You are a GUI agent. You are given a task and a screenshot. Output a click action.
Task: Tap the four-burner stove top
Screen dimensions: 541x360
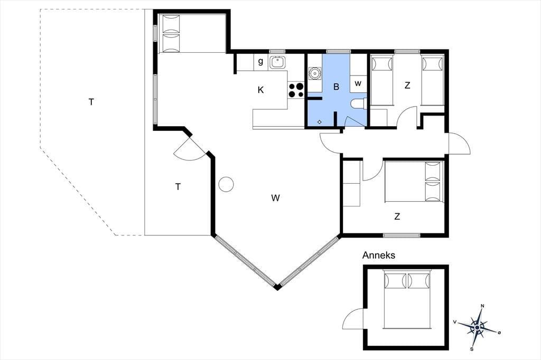[296, 90]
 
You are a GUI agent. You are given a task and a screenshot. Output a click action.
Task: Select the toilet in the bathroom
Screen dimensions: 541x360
[358, 103]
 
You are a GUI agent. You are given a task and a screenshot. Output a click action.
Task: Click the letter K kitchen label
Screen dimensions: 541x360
[261, 90]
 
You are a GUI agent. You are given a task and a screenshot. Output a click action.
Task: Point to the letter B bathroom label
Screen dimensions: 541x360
[336, 87]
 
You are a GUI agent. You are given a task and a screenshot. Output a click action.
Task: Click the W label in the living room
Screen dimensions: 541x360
[275, 198]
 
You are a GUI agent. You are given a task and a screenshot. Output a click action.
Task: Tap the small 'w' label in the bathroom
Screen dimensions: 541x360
[358, 83]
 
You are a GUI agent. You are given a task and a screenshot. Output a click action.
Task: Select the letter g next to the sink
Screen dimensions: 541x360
[260, 62]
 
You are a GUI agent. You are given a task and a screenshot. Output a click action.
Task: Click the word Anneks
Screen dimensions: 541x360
[378, 255]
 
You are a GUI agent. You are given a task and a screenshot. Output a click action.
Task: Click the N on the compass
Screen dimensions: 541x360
[483, 306]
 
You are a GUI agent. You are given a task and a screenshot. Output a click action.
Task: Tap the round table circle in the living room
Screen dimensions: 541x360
[226, 184]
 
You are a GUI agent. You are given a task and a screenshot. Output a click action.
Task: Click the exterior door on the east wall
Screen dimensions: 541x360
[459, 144]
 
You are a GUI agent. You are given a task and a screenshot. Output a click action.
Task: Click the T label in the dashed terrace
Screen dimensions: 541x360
[91, 102]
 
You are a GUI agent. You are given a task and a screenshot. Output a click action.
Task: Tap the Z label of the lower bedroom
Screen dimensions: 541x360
[397, 216]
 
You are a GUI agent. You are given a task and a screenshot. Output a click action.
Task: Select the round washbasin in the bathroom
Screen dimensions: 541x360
[314, 73]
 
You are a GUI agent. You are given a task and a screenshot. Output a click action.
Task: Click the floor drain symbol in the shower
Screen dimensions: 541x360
[320, 121]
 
